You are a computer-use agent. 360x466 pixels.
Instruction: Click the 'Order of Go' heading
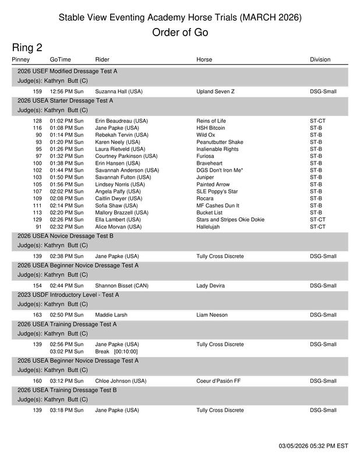(x=180, y=33)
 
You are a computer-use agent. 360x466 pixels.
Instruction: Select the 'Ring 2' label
(x=27, y=48)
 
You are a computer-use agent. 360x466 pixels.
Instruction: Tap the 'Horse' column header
(x=204, y=59)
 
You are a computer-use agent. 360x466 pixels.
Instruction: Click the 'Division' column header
(x=320, y=59)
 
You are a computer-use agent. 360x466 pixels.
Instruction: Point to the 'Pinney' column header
(x=21, y=59)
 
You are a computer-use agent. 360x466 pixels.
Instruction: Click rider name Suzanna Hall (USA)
(x=119, y=91)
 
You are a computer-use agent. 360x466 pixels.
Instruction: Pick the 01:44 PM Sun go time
(x=66, y=170)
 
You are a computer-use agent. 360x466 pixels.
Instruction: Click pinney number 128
(x=37, y=121)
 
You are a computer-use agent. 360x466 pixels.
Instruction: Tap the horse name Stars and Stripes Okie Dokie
(x=230, y=220)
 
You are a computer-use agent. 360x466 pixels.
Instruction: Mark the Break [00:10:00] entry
(x=117, y=351)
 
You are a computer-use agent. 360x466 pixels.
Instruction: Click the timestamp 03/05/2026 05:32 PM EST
(x=313, y=446)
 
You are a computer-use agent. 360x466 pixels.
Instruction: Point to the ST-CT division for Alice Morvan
(x=318, y=227)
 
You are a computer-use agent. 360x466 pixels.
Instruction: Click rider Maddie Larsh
(x=111, y=315)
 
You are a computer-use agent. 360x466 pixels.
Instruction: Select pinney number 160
(x=37, y=381)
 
